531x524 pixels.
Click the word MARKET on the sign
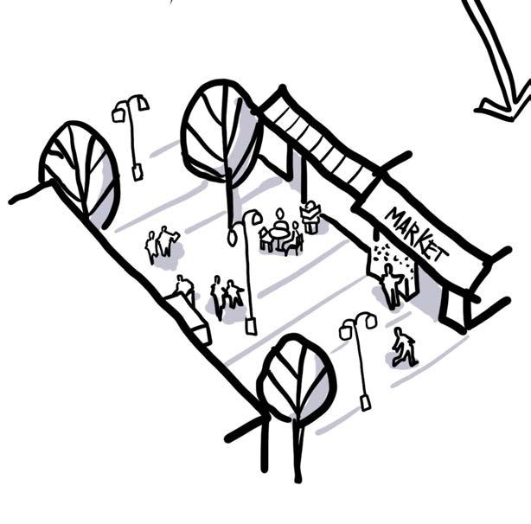click(x=416, y=234)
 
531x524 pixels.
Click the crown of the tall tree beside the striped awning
click(x=221, y=130)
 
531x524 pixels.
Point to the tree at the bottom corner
click(x=297, y=380)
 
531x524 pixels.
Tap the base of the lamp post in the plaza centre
click(x=251, y=325)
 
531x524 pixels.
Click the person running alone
click(x=404, y=347)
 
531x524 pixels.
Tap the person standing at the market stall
click(x=391, y=285)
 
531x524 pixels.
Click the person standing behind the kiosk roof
click(x=183, y=287)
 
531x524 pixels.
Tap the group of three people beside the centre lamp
click(x=225, y=296)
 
